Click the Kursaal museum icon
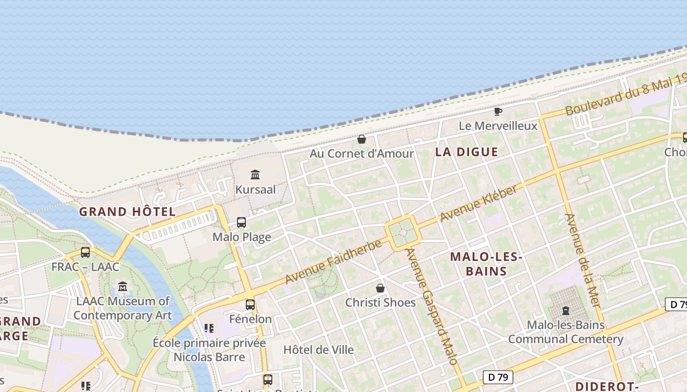(x=255, y=174)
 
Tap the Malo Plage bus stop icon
(x=241, y=222)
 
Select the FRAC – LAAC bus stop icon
(x=85, y=252)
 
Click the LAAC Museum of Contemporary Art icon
(x=123, y=286)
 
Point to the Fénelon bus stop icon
(x=250, y=305)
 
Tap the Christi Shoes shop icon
(x=380, y=288)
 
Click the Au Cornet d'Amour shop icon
(x=362, y=139)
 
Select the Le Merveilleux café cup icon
(x=498, y=112)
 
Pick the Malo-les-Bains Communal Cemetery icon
(x=565, y=311)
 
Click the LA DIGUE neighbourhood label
(x=466, y=152)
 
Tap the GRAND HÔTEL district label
(x=127, y=212)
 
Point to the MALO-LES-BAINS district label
(x=486, y=264)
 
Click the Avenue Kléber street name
(x=478, y=204)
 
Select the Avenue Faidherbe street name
(x=333, y=262)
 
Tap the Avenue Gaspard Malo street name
(x=432, y=307)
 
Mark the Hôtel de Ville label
(x=318, y=350)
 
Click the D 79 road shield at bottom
(x=498, y=377)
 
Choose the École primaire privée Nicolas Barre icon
(x=209, y=328)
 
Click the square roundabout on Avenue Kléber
(x=403, y=233)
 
